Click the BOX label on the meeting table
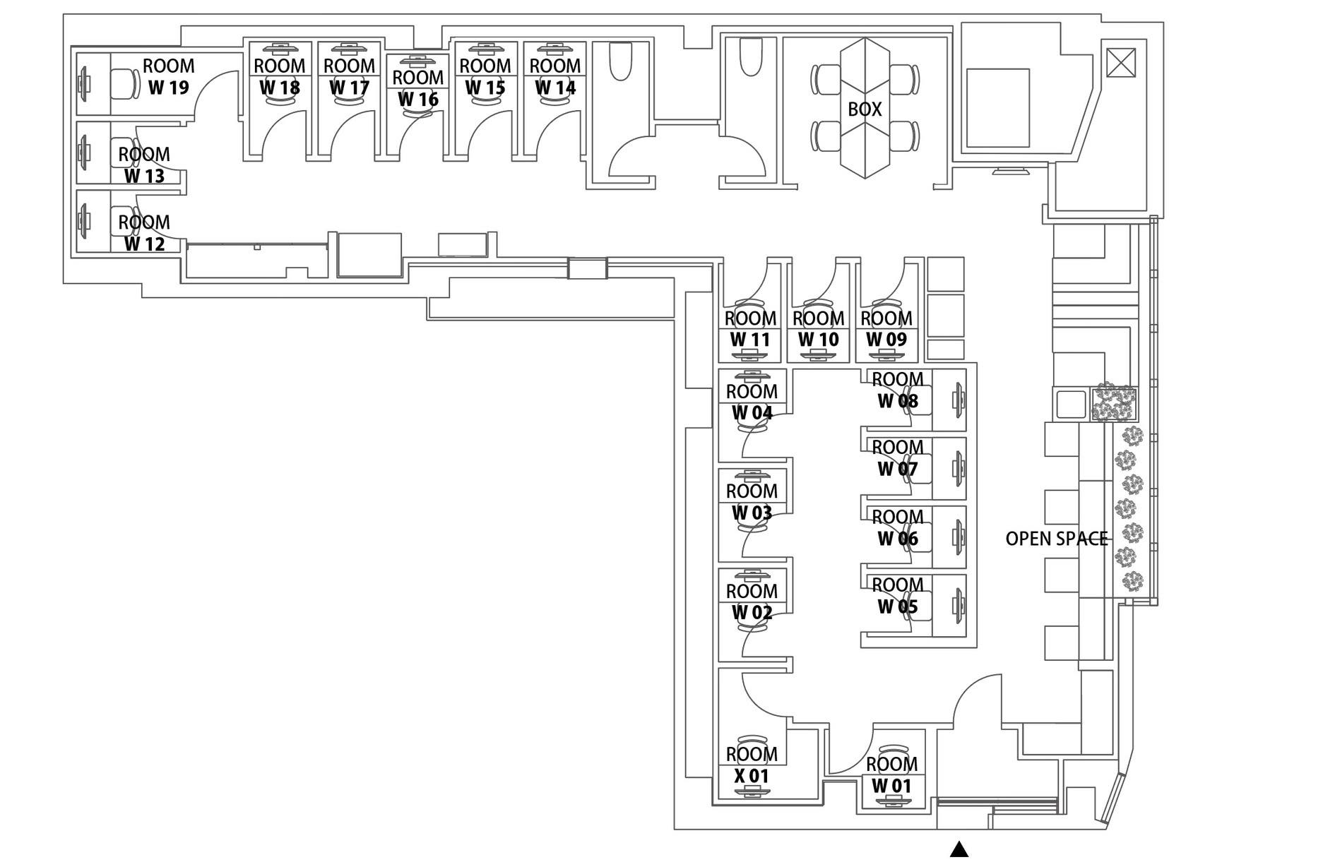[x=865, y=109]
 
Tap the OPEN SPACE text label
[x=1056, y=539]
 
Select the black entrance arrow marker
[x=959, y=849]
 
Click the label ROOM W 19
[x=169, y=77]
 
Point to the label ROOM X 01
[x=752, y=765]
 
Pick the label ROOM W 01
[x=891, y=775]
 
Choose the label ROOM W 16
[x=418, y=88]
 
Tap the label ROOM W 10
[x=819, y=329]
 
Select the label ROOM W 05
[x=898, y=596]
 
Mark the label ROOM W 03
[x=752, y=502]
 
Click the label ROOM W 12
[x=144, y=233]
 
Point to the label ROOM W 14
[x=555, y=77]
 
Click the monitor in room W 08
[x=959, y=400]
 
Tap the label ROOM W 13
[x=144, y=165]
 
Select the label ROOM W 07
[x=898, y=458]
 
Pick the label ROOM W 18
[x=280, y=77]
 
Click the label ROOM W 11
[x=750, y=329]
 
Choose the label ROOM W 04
[x=752, y=402]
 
